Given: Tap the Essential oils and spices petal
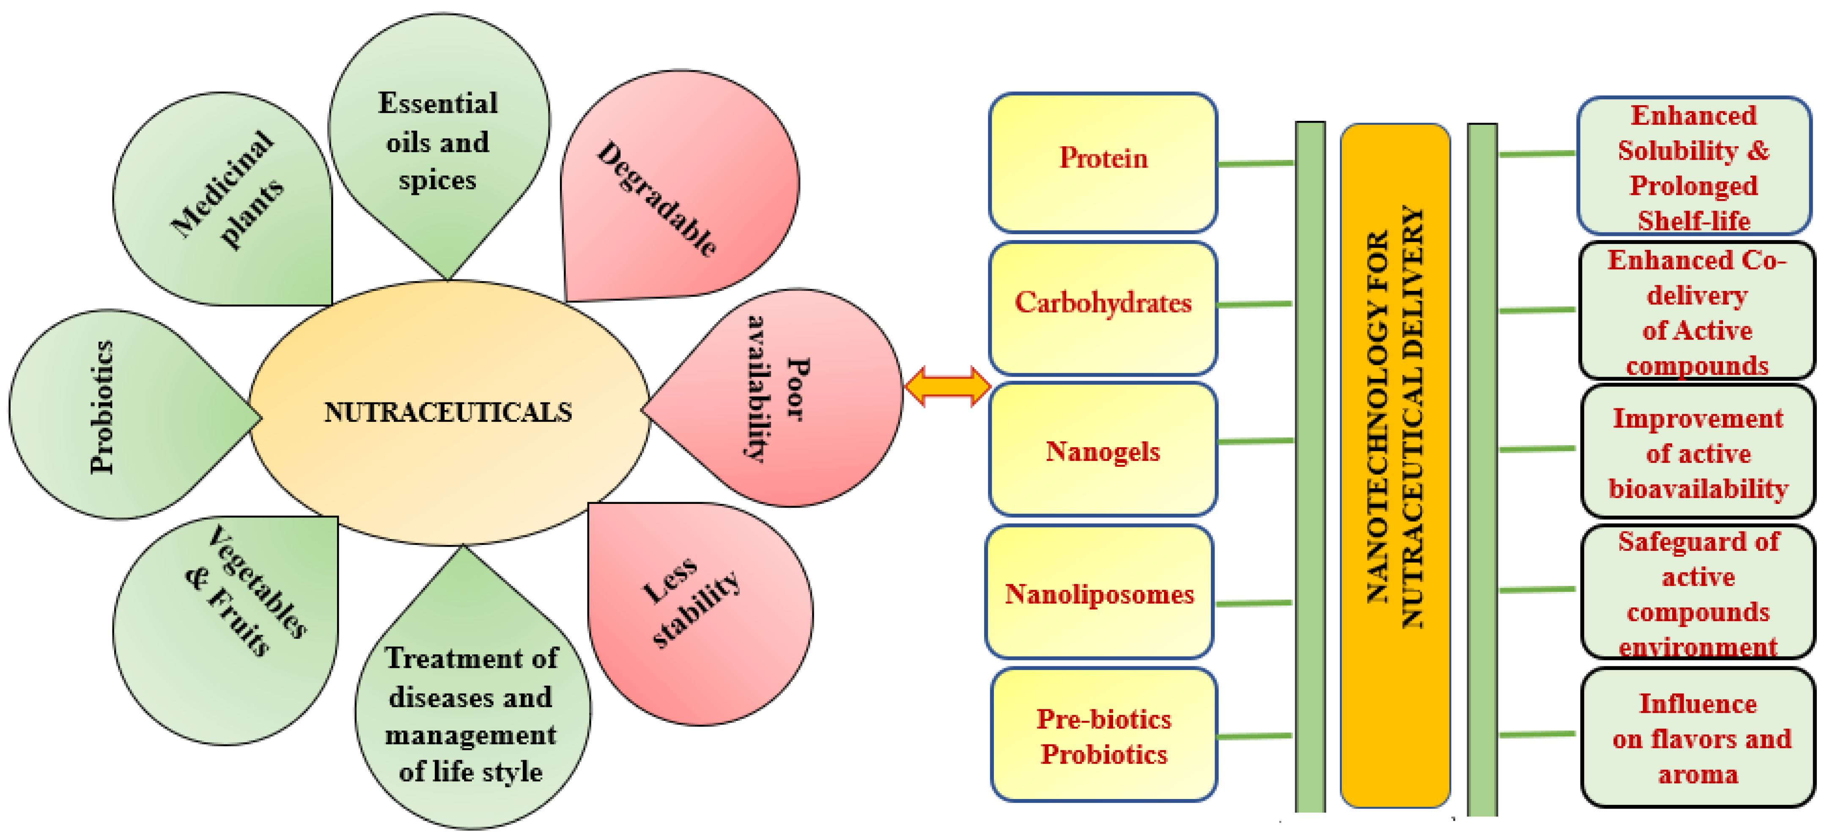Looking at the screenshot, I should (x=438, y=142).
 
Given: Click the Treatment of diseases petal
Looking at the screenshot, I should (x=471, y=714).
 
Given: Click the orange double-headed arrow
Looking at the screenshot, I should (x=947, y=387).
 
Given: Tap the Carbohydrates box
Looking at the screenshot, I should (x=1103, y=305).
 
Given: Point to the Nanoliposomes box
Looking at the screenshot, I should (x=1099, y=593).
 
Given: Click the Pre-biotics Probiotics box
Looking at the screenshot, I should (x=1103, y=735).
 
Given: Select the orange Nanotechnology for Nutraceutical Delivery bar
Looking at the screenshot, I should (x=1394, y=465).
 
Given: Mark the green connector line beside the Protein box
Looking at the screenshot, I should (x=1255, y=163).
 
